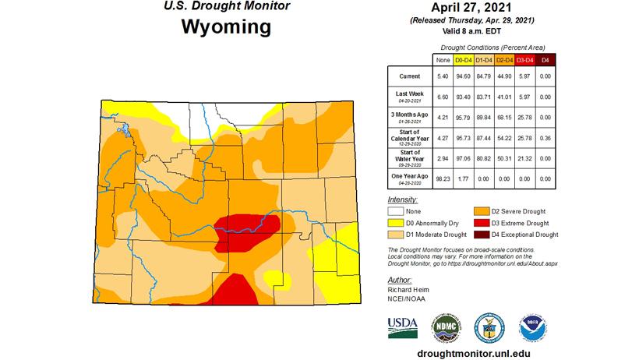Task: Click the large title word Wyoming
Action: point(226,27)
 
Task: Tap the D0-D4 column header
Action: point(464,60)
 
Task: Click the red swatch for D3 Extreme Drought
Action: point(482,223)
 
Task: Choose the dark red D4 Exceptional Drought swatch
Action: point(482,235)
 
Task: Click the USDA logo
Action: point(403,326)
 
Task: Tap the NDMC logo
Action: point(445,327)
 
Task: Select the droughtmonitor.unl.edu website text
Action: point(468,352)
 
